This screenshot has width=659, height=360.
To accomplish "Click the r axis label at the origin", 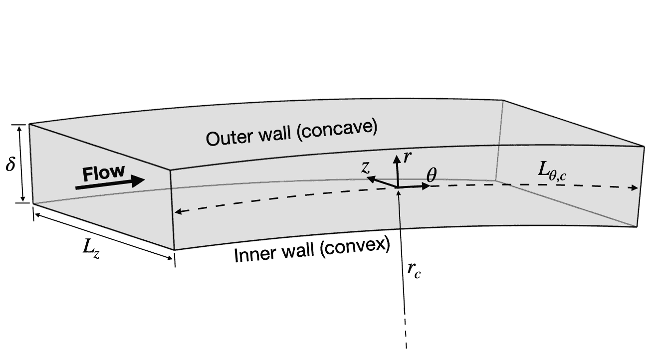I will click(x=407, y=158).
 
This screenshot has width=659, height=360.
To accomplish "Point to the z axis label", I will click(x=366, y=167).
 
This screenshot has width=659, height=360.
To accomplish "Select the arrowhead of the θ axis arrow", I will click(x=427, y=186).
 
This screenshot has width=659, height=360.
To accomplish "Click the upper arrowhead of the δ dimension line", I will click(x=20, y=128).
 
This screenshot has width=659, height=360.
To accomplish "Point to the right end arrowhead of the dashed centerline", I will click(x=636, y=188).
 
